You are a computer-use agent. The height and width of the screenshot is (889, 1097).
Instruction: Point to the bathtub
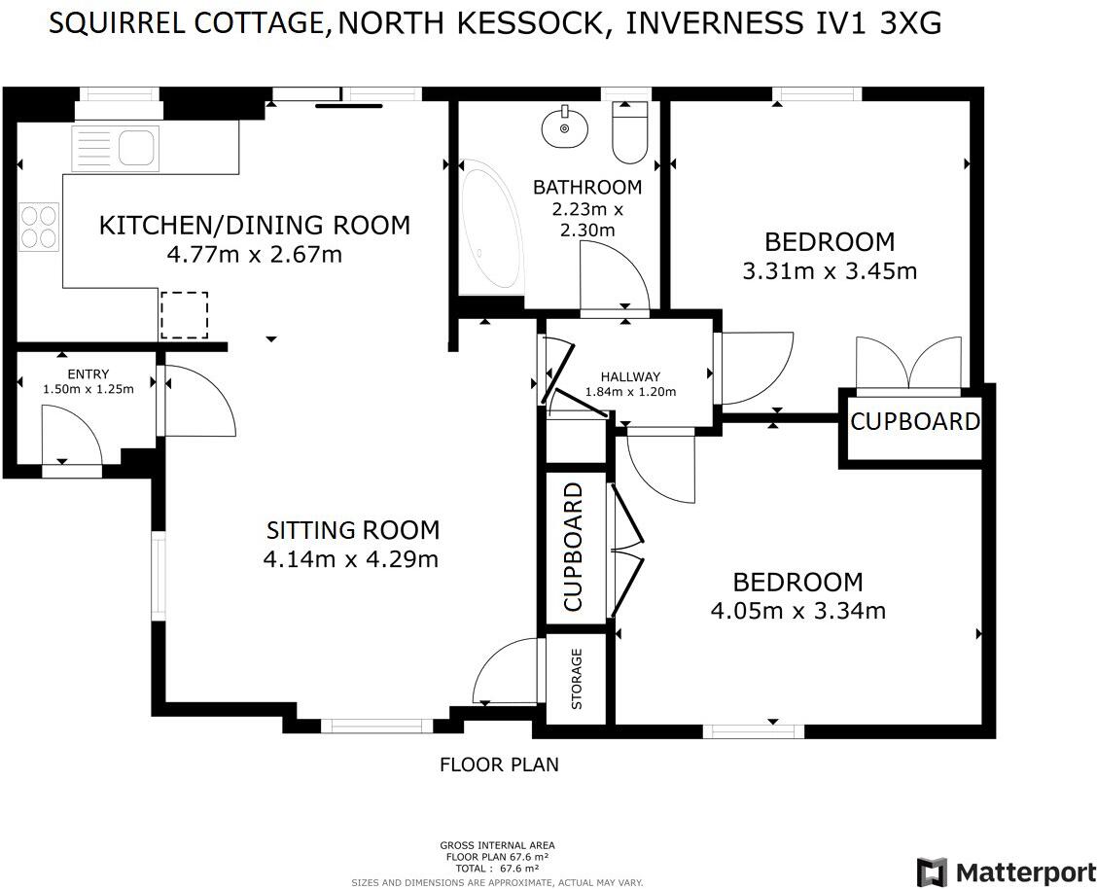(x=492, y=237)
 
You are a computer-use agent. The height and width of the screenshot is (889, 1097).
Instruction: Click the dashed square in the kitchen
(x=184, y=314)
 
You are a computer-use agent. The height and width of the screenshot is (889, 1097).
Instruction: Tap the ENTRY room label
(x=88, y=374)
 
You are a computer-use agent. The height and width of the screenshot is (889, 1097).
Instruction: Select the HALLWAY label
(x=630, y=377)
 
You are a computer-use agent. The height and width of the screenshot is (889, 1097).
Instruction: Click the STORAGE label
(x=577, y=679)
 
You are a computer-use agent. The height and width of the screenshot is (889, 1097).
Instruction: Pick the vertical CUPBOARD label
(x=574, y=547)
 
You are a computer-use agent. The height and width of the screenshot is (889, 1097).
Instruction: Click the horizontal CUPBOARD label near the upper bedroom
(x=914, y=422)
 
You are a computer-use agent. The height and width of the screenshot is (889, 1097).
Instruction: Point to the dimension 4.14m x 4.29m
(x=350, y=559)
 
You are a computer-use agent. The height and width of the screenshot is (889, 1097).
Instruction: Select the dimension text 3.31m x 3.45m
(x=829, y=271)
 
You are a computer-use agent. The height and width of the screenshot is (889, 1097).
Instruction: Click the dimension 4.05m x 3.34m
(x=797, y=611)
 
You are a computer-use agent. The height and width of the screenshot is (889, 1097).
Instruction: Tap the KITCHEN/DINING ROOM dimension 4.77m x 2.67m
(x=255, y=255)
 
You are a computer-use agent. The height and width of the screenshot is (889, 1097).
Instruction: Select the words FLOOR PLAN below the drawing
(x=499, y=765)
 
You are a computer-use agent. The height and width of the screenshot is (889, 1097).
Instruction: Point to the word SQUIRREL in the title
(x=115, y=23)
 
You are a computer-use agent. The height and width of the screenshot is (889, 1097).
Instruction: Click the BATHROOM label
(x=587, y=187)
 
